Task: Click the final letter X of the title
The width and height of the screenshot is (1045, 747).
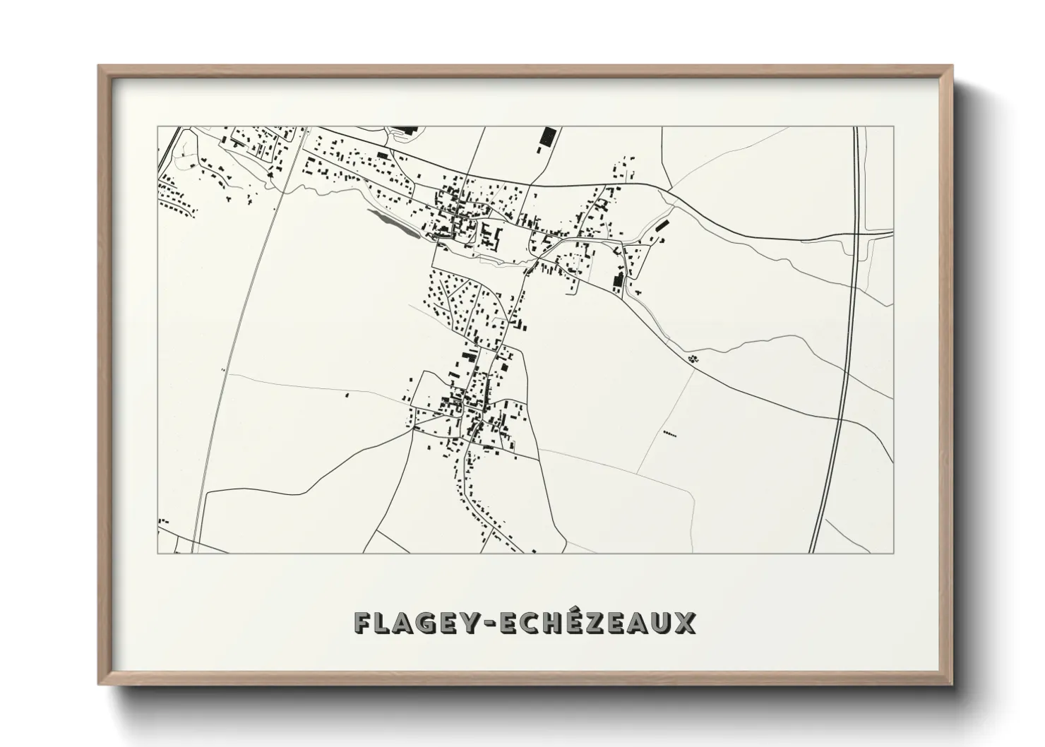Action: [x=685, y=623]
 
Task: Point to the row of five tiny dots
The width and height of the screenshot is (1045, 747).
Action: [x=669, y=434]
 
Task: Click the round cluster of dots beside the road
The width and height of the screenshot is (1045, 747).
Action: [x=693, y=359]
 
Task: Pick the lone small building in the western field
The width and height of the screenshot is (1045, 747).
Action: [x=347, y=395]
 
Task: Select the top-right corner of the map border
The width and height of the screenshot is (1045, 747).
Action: [x=893, y=127]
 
